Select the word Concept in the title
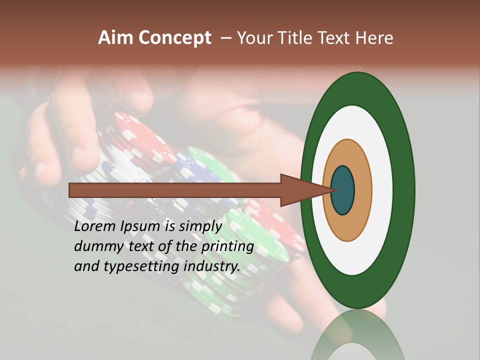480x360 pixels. pos(175,38)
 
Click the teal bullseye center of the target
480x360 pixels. pos(343,190)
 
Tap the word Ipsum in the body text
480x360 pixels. pos(141,226)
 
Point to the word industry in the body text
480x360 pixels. pos(212,266)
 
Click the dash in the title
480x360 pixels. pos(226,38)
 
